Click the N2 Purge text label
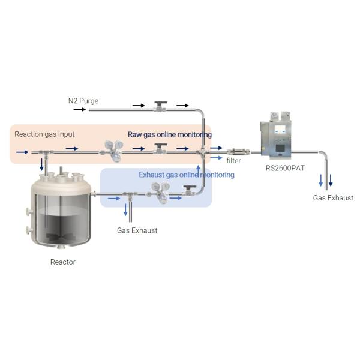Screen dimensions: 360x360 click(83, 101)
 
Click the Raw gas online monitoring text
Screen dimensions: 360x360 click(169, 134)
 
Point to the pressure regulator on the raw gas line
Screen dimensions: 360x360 click(112, 149)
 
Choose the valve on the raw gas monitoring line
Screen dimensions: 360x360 click(159, 149)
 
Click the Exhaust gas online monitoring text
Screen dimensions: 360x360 click(187, 175)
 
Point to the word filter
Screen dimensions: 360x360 click(233, 161)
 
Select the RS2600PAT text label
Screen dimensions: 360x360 click(285, 168)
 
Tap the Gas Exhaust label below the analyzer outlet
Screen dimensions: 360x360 click(333, 198)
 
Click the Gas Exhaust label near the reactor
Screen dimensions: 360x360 click(137, 230)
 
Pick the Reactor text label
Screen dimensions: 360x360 click(63, 262)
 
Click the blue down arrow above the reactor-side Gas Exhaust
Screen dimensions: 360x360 click(125, 209)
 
